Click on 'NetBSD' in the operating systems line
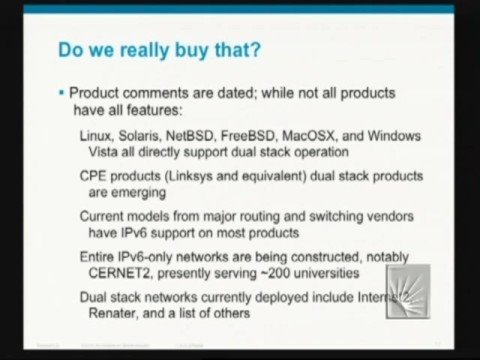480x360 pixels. (204, 135)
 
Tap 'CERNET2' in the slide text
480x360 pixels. (113, 271)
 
